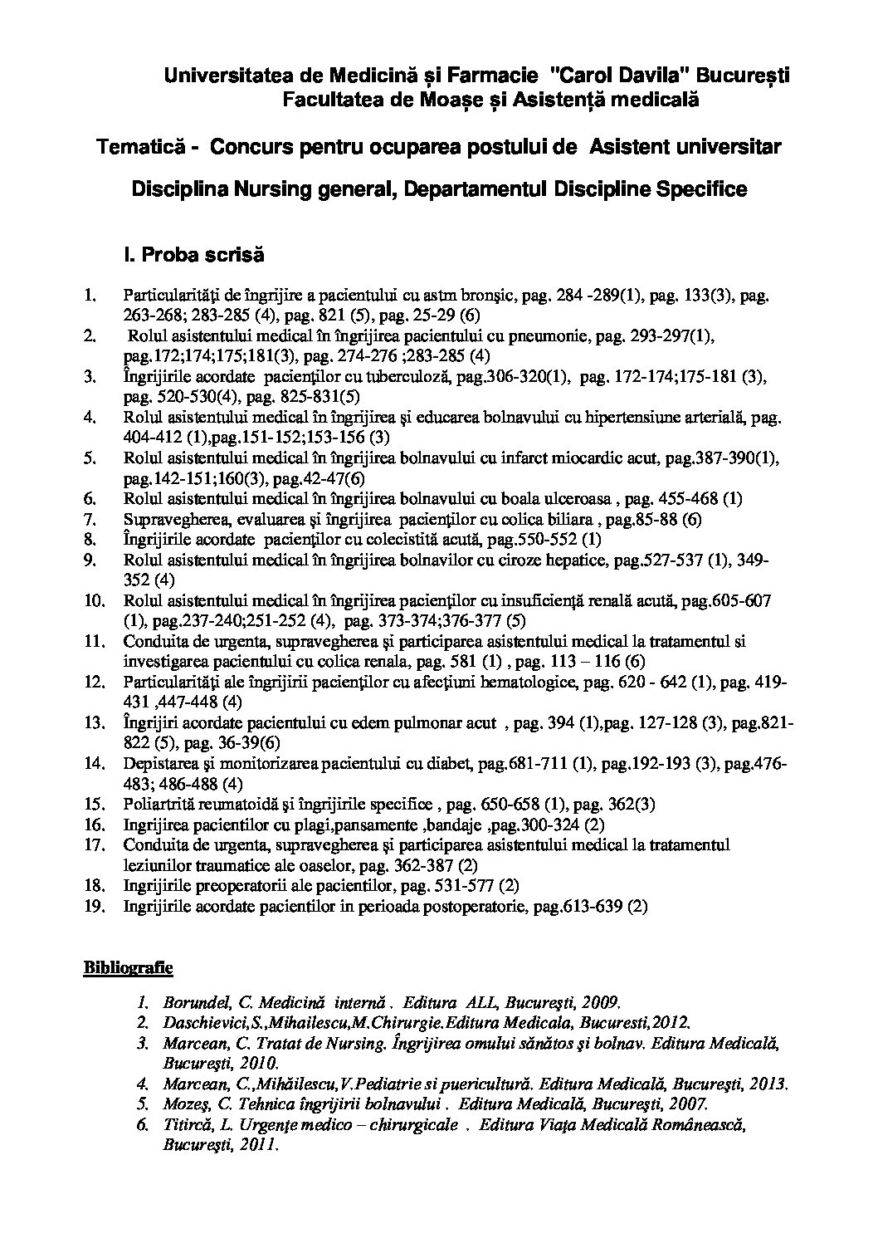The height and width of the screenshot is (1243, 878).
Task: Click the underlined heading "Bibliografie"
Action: [127, 967]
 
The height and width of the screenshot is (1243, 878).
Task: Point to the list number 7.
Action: [92, 519]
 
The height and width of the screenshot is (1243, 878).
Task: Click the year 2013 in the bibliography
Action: [768, 1084]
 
